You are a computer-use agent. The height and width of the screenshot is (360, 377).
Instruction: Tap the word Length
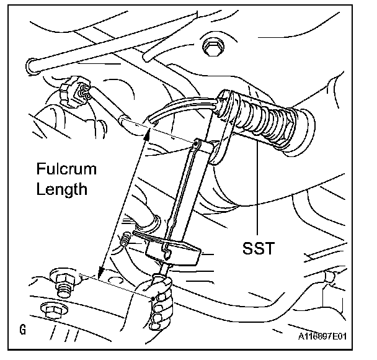pos(61,189)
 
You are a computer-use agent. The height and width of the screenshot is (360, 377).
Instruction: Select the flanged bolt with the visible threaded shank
pos(62,282)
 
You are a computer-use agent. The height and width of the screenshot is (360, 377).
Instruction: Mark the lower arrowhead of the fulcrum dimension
pos(99,272)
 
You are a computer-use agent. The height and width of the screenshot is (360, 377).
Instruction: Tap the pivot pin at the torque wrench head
pos(198,144)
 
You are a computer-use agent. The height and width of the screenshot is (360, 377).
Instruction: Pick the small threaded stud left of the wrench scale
pos(126,238)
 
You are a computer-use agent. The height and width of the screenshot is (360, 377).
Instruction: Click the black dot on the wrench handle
pos(153,299)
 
